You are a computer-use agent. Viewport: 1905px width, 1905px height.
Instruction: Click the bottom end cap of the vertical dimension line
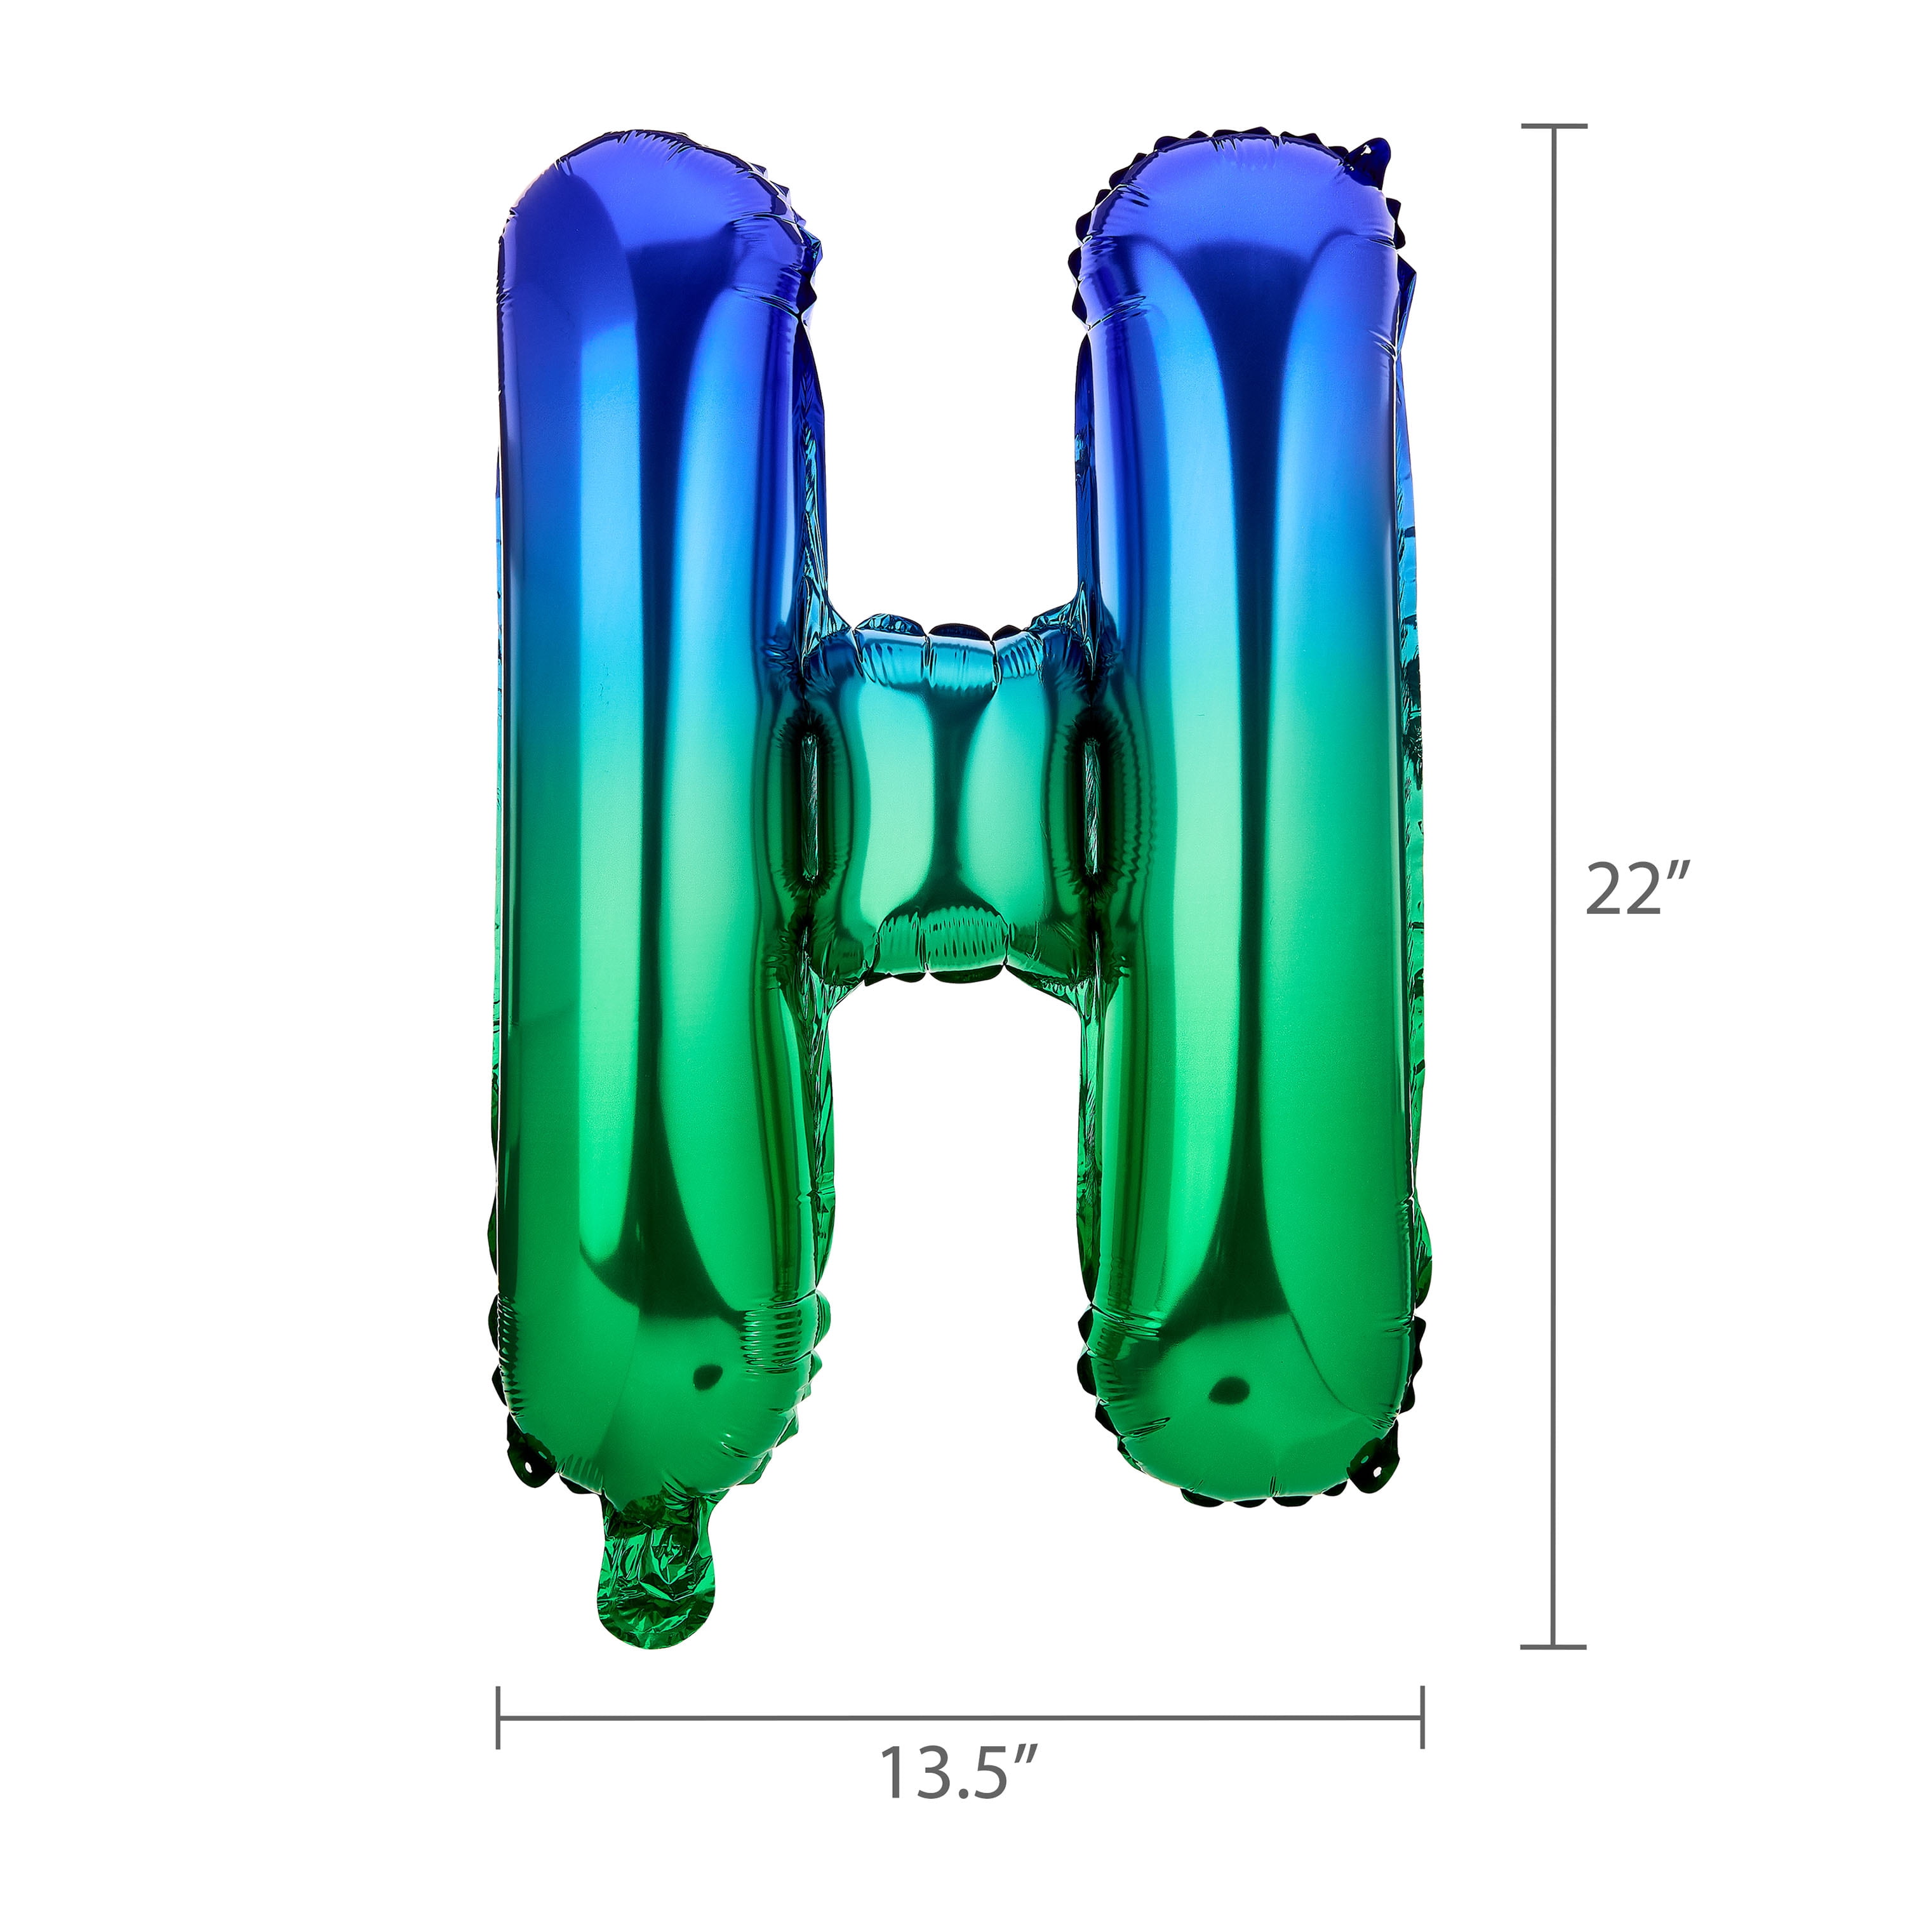[x=1554, y=1646]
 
